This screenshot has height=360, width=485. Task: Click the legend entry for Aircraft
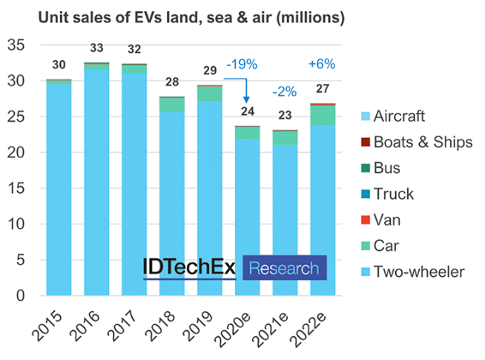(400, 117)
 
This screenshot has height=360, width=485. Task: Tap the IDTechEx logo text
(191, 268)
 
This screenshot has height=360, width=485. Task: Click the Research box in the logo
(285, 268)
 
